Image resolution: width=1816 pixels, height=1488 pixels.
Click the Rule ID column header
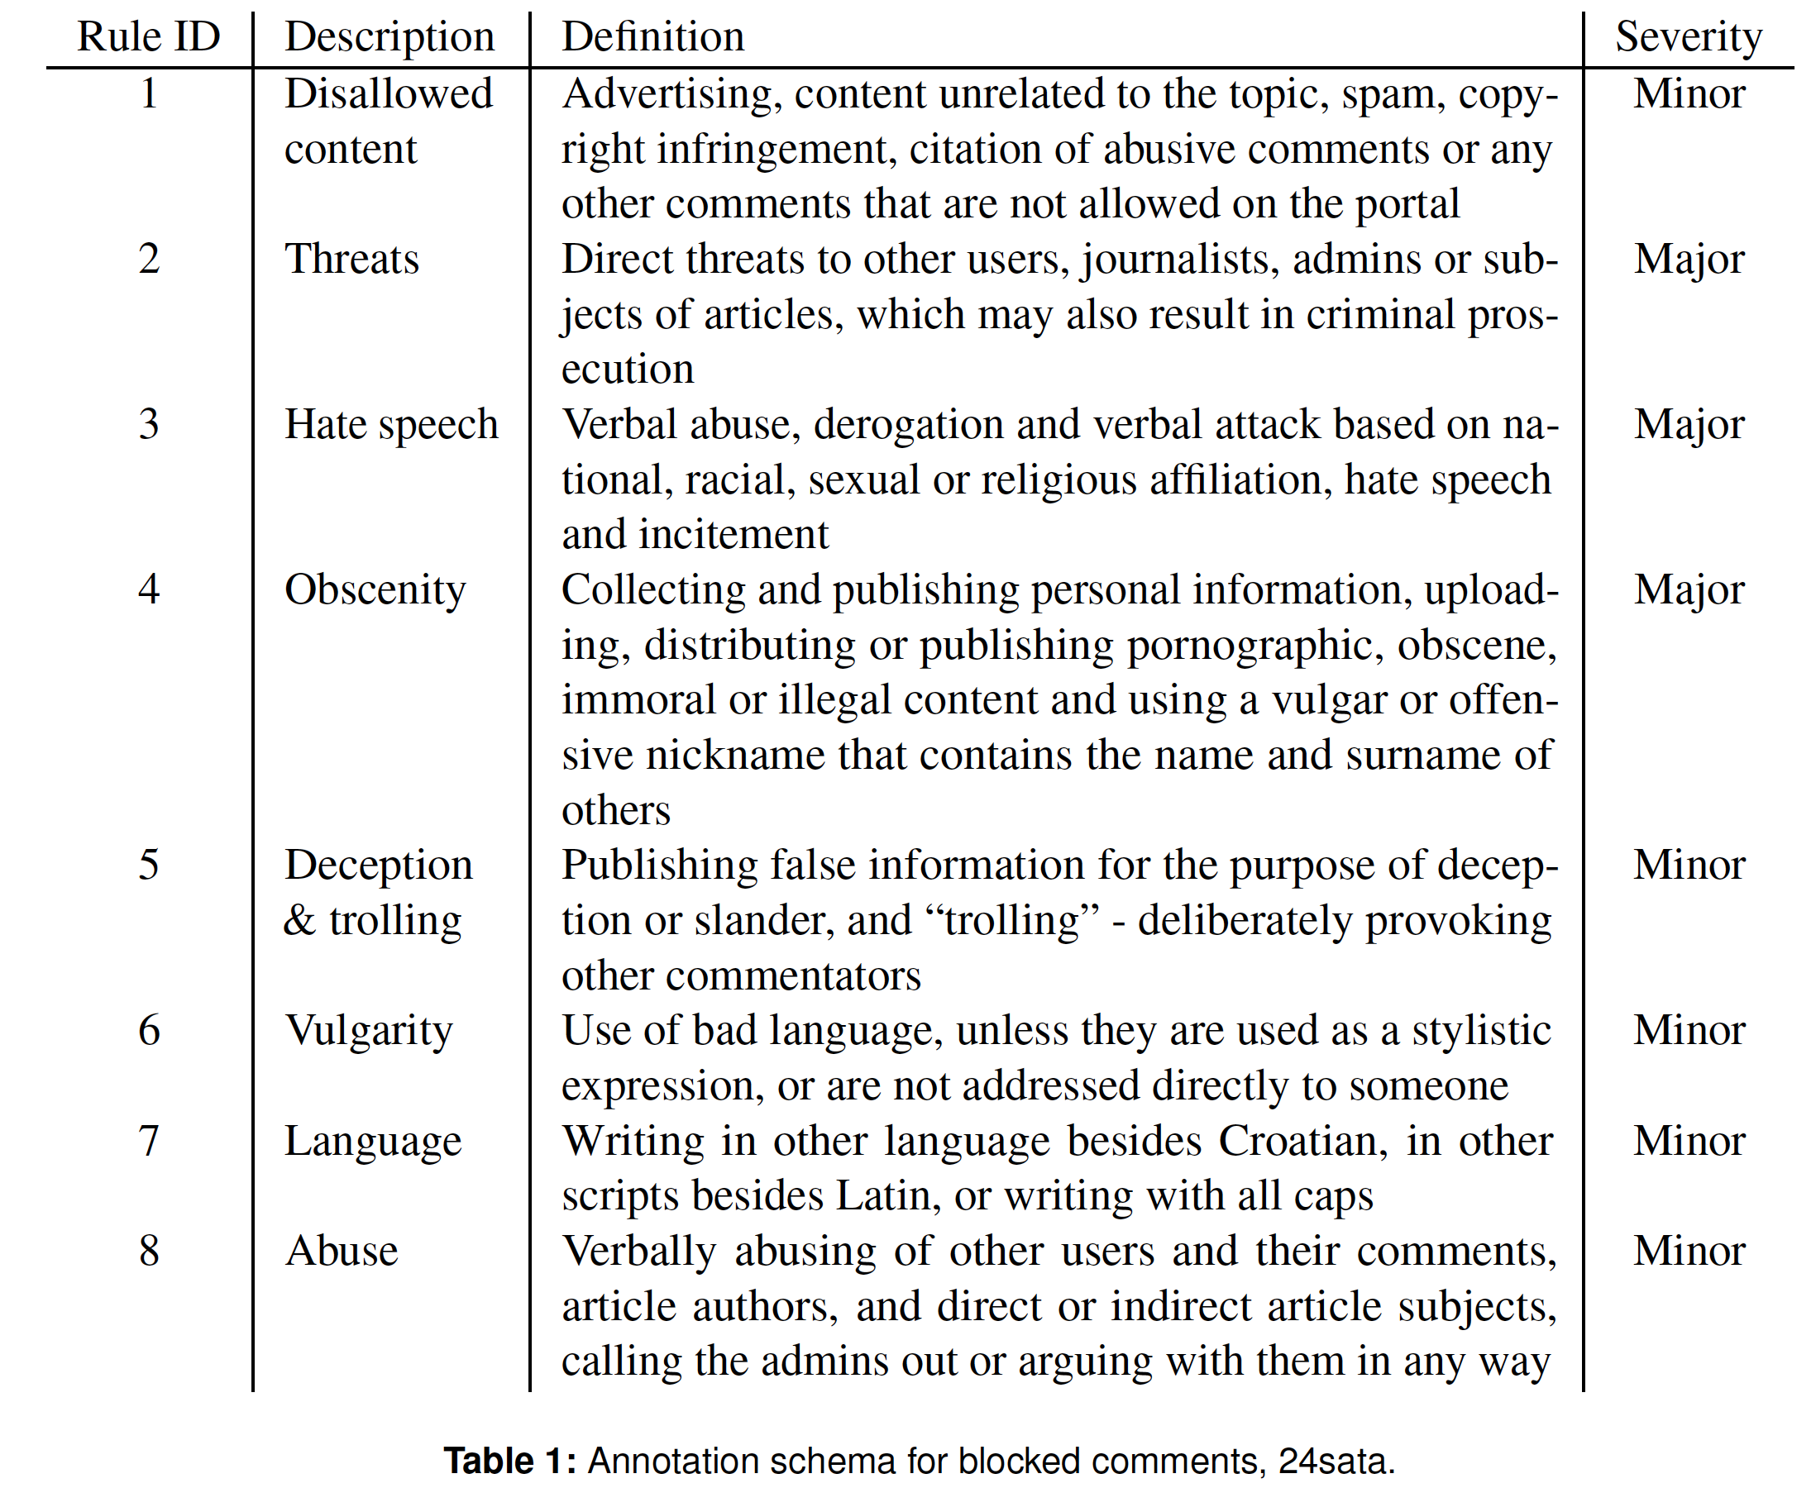coord(148,37)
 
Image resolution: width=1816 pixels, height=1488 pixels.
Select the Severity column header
coord(1687,37)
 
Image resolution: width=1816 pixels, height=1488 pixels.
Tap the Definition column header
coord(652,37)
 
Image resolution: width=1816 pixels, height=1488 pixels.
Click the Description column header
coord(389,37)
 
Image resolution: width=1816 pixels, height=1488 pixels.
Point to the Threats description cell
coord(351,259)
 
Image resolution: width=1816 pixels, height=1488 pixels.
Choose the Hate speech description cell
coord(391,424)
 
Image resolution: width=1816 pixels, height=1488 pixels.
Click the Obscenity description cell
coord(375,589)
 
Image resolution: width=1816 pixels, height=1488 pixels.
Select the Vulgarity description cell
coord(369,1030)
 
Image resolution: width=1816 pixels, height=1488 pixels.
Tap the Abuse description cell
coord(342,1251)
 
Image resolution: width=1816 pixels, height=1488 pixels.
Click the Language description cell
coord(373,1141)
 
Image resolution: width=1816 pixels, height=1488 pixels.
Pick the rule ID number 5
coord(148,865)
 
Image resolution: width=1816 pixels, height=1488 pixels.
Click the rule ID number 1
coord(148,93)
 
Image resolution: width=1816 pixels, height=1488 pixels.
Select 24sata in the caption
coord(1336,1461)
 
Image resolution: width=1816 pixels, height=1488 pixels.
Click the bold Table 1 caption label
coord(509,1461)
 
